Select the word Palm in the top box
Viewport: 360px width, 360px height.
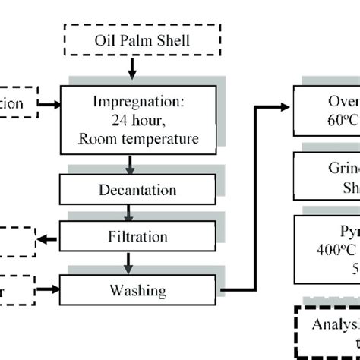coord(134,40)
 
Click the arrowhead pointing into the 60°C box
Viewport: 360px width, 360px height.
coord(288,108)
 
